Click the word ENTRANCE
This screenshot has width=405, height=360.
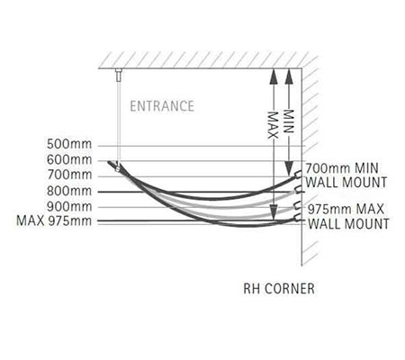(162, 106)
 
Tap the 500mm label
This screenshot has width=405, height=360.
(69, 144)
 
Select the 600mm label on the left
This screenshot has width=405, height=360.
(69, 159)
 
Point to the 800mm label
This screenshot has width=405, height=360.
(69, 191)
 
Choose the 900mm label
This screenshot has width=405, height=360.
(69, 206)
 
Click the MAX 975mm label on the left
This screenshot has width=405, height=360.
(54, 220)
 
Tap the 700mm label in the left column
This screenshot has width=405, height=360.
(69, 175)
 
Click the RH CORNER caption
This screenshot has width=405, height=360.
(279, 289)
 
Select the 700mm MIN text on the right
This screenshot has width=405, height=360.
(342, 168)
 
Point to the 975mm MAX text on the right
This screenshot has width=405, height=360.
(346, 209)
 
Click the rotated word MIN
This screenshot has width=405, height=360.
(289, 121)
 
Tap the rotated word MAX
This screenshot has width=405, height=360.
(273, 125)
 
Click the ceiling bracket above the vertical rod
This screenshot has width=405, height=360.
(119, 75)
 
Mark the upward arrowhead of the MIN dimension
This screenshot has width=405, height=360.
(289, 76)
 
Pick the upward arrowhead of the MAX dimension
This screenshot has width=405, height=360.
(273, 76)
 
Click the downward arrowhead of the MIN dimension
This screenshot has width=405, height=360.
(289, 168)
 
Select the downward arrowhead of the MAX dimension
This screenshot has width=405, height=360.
(273, 212)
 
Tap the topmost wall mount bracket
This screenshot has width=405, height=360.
(298, 175)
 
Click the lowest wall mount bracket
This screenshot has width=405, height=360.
(298, 218)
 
